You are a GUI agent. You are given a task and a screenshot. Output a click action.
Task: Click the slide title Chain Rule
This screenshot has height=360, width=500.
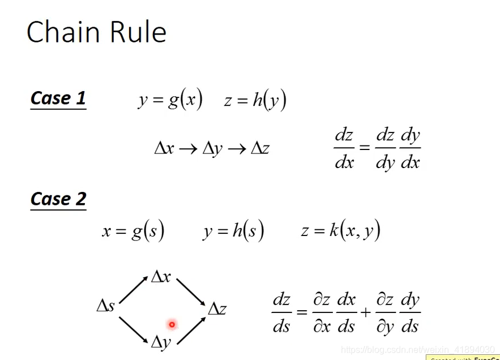tap(96, 32)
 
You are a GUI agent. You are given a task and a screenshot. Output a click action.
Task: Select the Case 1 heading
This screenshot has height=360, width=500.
tap(58, 98)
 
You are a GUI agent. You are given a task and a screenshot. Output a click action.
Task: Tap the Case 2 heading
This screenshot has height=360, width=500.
tap(58, 199)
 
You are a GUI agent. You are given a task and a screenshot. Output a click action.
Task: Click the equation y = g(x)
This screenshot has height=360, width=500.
tap(170, 100)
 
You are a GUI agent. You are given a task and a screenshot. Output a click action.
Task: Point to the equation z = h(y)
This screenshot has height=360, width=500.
tap(255, 100)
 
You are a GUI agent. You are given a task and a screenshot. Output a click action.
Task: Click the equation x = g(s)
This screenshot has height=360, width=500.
tap(133, 231)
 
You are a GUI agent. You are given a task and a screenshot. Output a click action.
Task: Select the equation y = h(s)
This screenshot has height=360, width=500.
tap(233, 231)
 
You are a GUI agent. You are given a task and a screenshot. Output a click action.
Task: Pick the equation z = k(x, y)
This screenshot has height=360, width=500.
tap(340, 231)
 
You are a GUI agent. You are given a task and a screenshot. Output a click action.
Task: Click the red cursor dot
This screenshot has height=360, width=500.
tap(172, 324)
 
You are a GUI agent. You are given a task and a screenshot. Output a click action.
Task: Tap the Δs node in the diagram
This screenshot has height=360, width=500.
tap(106, 306)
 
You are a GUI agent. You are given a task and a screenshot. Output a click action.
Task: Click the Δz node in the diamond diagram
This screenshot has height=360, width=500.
tap(217, 309)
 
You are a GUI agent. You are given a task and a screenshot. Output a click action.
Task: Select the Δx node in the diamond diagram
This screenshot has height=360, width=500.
tap(161, 277)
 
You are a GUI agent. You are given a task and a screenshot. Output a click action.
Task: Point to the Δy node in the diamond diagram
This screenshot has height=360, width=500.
tap(161, 341)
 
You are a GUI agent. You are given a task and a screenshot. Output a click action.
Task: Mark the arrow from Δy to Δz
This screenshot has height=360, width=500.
tap(191, 330)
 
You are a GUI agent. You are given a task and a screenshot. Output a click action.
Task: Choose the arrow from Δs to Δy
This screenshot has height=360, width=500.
tap(134, 329)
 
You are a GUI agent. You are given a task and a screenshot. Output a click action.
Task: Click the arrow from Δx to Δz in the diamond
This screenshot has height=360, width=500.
tap(191, 292)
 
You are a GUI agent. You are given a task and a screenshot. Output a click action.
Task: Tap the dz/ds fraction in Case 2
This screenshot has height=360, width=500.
tap(281, 313)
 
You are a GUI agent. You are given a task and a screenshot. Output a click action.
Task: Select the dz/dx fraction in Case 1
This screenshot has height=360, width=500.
tap(344, 149)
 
